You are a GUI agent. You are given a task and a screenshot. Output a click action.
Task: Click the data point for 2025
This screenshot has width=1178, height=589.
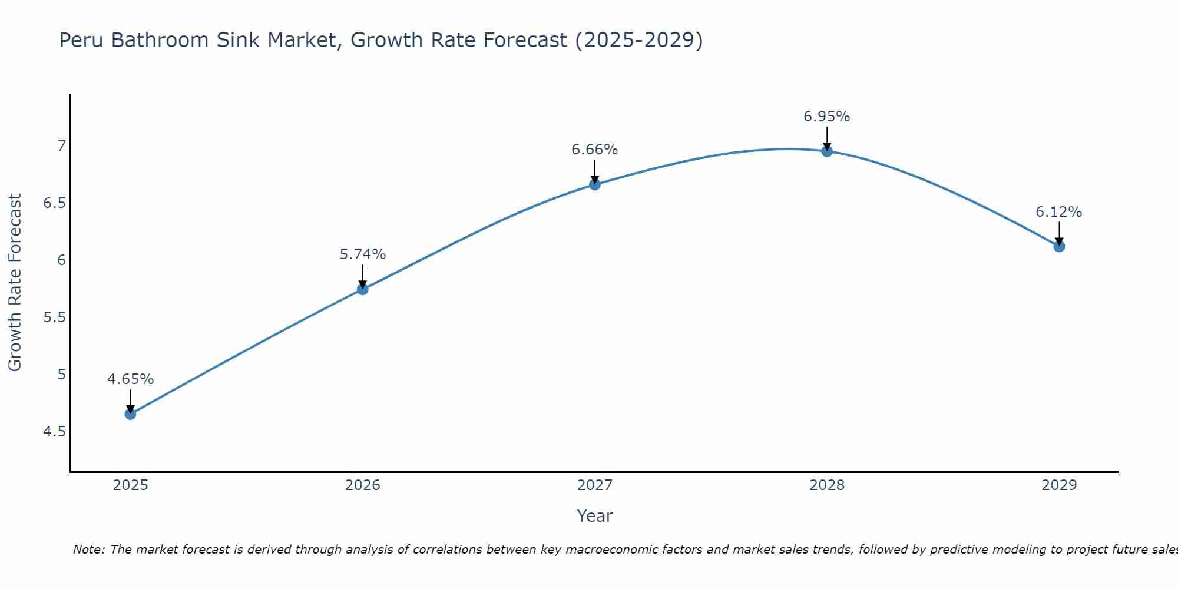(x=130, y=414)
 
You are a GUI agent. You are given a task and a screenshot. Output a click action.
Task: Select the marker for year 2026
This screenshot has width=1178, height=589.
(x=363, y=289)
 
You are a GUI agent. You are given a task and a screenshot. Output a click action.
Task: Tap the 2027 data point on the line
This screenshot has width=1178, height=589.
(x=595, y=184)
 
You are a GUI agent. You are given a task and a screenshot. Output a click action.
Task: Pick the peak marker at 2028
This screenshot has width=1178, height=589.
(x=827, y=151)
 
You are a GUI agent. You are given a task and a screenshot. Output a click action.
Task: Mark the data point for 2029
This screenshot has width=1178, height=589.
(x=1059, y=246)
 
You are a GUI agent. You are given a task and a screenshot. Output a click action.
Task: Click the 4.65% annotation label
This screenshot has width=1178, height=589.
(x=130, y=379)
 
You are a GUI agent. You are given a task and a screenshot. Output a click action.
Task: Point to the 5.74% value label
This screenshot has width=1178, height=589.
(x=363, y=254)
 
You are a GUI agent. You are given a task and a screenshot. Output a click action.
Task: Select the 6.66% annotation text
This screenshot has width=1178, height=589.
(x=595, y=150)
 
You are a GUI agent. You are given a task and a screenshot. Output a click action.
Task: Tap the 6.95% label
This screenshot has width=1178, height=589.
(x=827, y=117)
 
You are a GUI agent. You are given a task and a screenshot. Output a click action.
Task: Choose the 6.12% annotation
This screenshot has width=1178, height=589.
(x=1059, y=212)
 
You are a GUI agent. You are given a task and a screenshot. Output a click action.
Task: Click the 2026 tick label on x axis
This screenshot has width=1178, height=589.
(x=363, y=485)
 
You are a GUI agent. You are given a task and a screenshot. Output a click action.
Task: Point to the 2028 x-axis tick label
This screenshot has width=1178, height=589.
(x=827, y=485)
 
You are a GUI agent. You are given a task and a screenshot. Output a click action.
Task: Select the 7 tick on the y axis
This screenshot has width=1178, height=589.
(x=61, y=145)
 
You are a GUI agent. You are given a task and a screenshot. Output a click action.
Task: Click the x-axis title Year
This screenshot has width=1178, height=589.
(x=595, y=516)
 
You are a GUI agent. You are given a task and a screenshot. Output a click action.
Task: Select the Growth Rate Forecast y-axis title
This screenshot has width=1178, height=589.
(x=15, y=283)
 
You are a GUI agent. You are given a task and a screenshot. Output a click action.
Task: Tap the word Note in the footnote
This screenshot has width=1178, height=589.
(x=88, y=550)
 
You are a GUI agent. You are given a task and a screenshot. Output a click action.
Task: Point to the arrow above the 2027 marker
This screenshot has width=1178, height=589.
(x=595, y=171)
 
